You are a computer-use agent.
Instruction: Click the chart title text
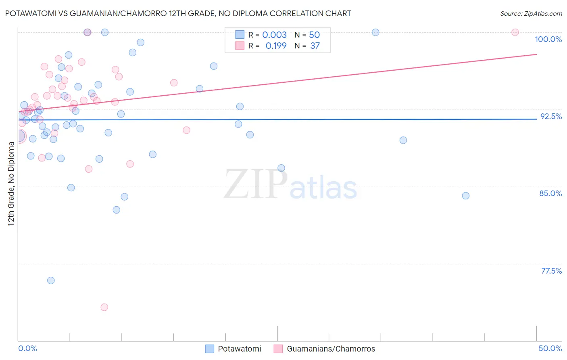[178, 13]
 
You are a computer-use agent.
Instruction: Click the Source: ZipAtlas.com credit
[531, 13]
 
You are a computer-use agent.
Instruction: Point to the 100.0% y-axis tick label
[548, 39]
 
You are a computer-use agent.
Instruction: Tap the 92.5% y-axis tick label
[551, 116]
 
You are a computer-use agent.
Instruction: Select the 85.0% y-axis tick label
[550, 193]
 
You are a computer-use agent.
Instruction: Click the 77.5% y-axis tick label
[551, 271]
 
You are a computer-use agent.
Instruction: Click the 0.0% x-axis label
[27, 348]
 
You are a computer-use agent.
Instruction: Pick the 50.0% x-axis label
[550, 348]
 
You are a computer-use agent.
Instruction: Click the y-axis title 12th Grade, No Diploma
[11, 184]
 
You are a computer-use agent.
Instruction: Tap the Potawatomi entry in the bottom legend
[239, 349]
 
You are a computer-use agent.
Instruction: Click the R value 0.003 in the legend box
[274, 35]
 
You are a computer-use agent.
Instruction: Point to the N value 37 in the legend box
[315, 46]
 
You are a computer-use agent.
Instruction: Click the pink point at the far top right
[515, 32]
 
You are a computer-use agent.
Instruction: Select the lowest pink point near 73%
[104, 307]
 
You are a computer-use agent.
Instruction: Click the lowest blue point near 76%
[51, 280]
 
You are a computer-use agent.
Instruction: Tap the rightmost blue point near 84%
[466, 196]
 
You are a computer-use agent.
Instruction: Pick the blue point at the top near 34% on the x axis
[375, 32]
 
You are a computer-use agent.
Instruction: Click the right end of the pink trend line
[536, 54]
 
